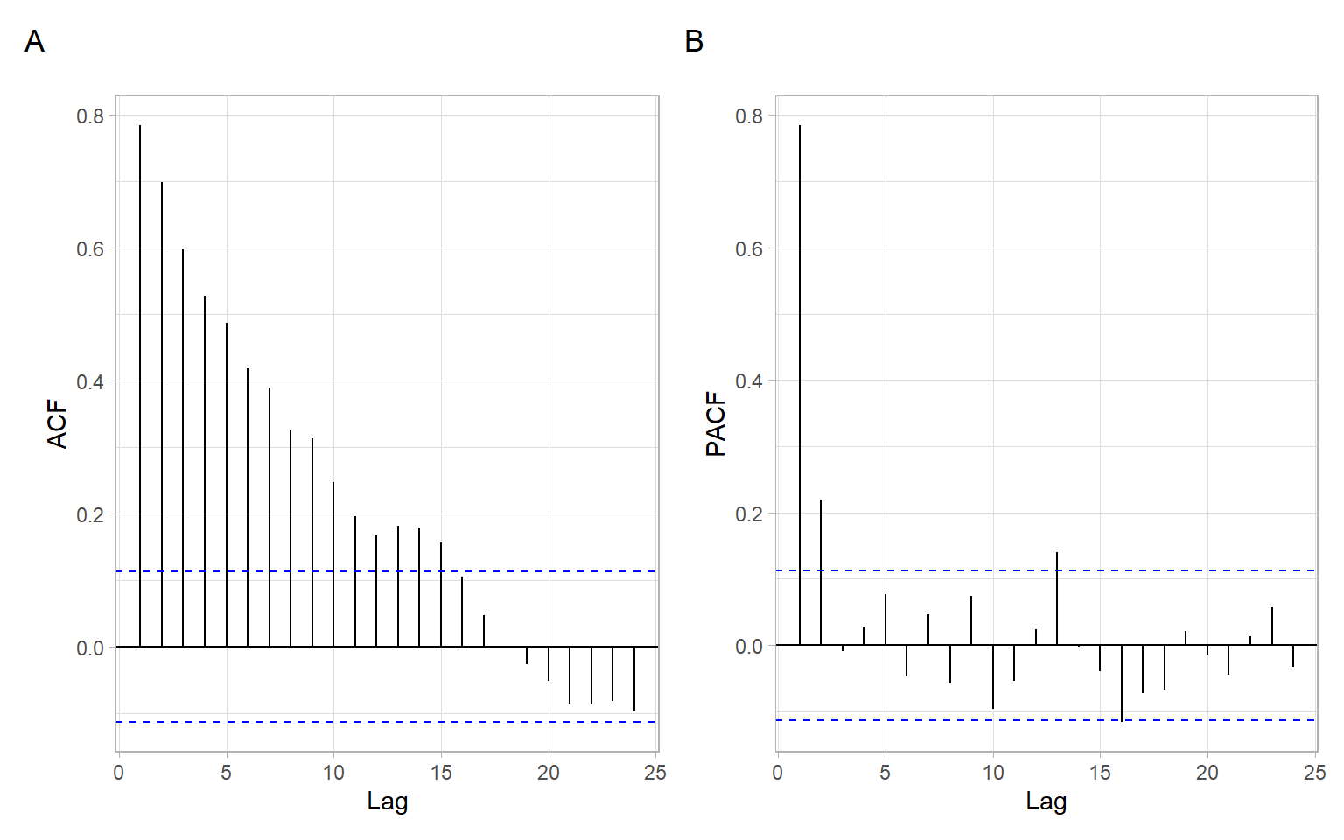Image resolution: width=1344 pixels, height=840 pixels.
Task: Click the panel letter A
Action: click(34, 41)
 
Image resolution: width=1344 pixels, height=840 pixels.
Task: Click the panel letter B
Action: click(694, 41)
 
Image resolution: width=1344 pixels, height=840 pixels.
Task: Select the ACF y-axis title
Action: click(57, 424)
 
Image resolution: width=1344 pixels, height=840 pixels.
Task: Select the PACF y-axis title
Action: click(716, 424)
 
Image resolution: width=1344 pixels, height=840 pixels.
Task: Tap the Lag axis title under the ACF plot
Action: click(387, 801)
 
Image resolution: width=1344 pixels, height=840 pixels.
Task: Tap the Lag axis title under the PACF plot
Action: click(1046, 801)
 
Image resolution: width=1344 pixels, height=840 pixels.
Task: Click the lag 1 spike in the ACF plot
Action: click(140, 385)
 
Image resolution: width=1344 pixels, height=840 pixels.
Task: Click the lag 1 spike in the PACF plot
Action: click(800, 385)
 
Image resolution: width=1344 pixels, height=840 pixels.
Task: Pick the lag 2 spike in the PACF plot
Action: click(821, 572)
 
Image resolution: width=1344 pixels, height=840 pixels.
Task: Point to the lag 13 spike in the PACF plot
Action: click(1057, 598)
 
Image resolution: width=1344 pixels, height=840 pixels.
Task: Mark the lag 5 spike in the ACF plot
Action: click(227, 485)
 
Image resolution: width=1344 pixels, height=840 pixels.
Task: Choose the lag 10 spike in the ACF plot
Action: click(333, 564)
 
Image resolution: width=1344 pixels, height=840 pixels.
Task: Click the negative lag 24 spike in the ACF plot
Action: click(634, 678)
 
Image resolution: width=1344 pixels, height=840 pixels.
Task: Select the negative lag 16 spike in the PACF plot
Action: click(1122, 682)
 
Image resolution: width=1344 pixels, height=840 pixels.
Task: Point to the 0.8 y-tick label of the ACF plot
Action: click(90, 116)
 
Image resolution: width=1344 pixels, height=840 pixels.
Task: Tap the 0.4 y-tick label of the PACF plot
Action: click(749, 381)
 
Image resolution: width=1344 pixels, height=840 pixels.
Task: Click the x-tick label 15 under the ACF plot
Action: click(441, 773)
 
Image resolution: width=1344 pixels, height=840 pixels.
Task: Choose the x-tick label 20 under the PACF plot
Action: click(1207, 773)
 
